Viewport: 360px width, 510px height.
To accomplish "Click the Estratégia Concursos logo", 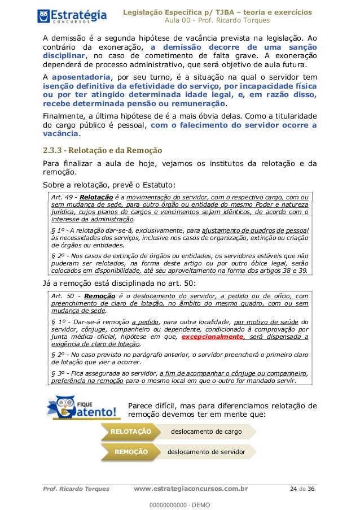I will [72, 15].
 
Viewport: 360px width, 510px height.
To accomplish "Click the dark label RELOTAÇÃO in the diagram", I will [131, 431].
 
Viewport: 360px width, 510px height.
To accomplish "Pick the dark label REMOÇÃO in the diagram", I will [131, 452].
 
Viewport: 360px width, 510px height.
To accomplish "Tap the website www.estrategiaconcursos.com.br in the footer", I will [192, 489].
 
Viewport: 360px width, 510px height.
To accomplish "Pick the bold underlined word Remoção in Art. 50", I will [100, 295].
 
